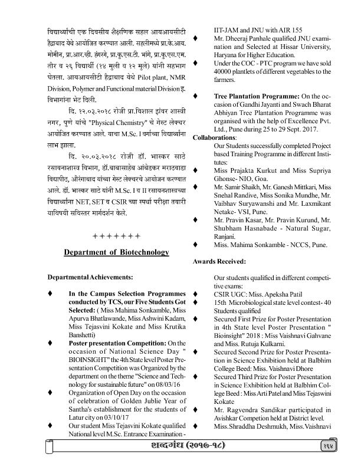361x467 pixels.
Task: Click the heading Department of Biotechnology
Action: [116, 252]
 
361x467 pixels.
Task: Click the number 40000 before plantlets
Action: [228, 71]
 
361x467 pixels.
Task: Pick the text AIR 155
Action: [290, 27]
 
